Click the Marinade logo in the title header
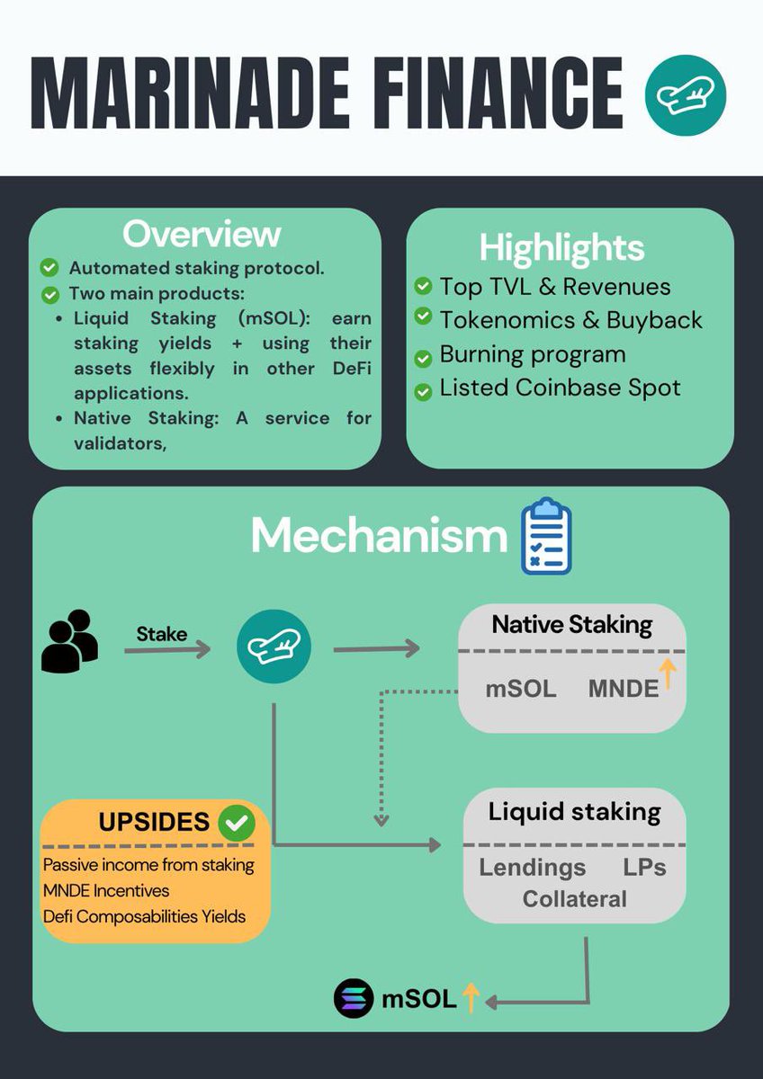point(686,94)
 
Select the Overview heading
point(202,234)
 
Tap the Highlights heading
point(561,247)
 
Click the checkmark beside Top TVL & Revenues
point(423,287)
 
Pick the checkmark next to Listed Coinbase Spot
point(423,389)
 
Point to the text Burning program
point(532,354)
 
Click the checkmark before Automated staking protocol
point(50,268)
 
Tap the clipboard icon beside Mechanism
point(546,537)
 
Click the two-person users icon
point(69,641)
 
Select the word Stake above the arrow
point(162,634)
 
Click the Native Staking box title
point(572,624)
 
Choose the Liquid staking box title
point(574,812)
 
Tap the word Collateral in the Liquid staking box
point(574,898)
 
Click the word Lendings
point(532,868)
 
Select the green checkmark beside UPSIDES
point(238,822)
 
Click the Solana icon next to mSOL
point(353,999)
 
